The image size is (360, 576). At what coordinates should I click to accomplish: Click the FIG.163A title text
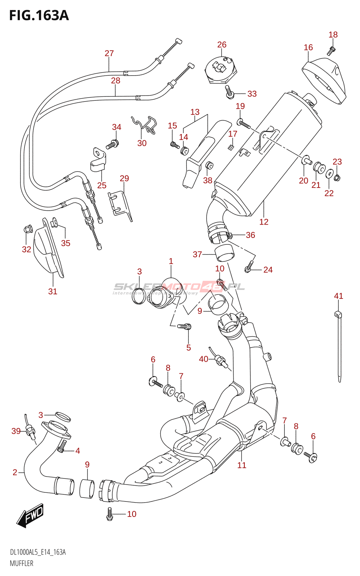(x=39, y=15)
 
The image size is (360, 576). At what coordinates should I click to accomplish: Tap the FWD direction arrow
(x=30, y=516)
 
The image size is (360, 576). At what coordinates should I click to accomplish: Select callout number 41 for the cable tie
(x=338, y=296)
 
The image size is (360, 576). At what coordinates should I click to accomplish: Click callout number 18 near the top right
(x=333, y=35)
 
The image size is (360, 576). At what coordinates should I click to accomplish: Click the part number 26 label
(x=222, y=45)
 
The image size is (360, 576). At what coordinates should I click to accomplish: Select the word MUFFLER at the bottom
(x=22, y=563)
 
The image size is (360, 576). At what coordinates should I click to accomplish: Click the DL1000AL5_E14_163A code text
(x=38, y=552)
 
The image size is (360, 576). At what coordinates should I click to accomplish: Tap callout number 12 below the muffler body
(x=264, y=222)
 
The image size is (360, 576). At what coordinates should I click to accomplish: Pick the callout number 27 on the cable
(x=109, y=53)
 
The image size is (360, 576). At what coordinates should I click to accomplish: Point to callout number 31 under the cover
(x=53, y=291)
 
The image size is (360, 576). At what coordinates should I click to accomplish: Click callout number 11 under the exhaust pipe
(x=242, y=465)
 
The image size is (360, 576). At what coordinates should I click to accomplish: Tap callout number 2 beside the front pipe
(x=15, y=472)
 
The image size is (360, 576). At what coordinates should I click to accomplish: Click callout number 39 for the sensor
(x=16, y=431)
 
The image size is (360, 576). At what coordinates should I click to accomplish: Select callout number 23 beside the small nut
(x=337, y=162)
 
